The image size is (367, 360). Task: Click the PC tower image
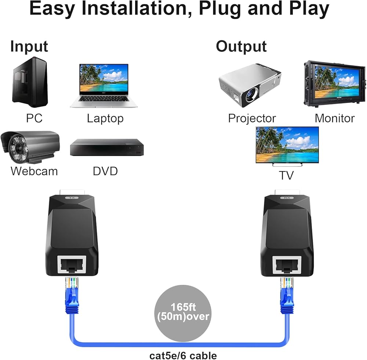(x=30, y=82)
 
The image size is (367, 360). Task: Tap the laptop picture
(x=104, y=85)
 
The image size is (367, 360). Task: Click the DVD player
(x=106, y=147)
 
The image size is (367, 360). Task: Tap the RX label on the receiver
(x=287, y=198)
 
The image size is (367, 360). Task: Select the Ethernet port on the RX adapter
(x=287, y=263)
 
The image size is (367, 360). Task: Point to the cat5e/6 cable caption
(x=183, y=355)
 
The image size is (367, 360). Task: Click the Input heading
(x=29, y=47)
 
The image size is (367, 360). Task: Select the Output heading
(x=241, y=47)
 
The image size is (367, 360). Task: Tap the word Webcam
(x=34, y=171)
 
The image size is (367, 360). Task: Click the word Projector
(x=252, y=118)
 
